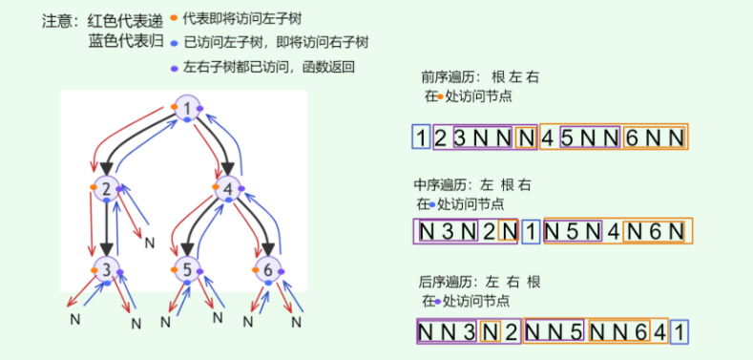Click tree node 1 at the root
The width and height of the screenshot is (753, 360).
click(187, 109)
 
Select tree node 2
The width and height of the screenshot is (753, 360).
click(107, 189)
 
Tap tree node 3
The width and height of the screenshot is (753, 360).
click(107, 270)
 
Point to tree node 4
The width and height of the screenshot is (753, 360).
click(228, 189)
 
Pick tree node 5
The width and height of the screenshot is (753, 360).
click(188, 270)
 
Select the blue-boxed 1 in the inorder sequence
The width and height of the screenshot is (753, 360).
click(531, 231)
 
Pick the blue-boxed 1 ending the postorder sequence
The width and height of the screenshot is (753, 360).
click(676, 331)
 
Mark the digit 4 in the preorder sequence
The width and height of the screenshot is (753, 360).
click(547, 138)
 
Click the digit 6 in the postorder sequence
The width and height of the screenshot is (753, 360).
click(637, 331)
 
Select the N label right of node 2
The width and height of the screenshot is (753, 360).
click(149, 243)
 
